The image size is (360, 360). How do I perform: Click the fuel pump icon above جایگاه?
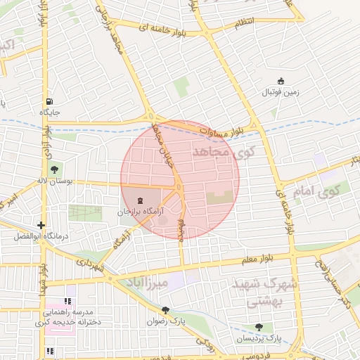[x=49, y=100]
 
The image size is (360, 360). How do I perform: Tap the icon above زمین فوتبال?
[x=281, y=81]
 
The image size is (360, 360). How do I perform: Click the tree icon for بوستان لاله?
[x=54, y=169]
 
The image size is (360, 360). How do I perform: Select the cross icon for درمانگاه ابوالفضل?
[x=42, y=226]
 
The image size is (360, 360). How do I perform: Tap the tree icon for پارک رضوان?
[x=165, y=309]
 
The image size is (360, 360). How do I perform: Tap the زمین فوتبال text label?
[x=281, y=92]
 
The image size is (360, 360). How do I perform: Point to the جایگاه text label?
[x=50, y=112]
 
